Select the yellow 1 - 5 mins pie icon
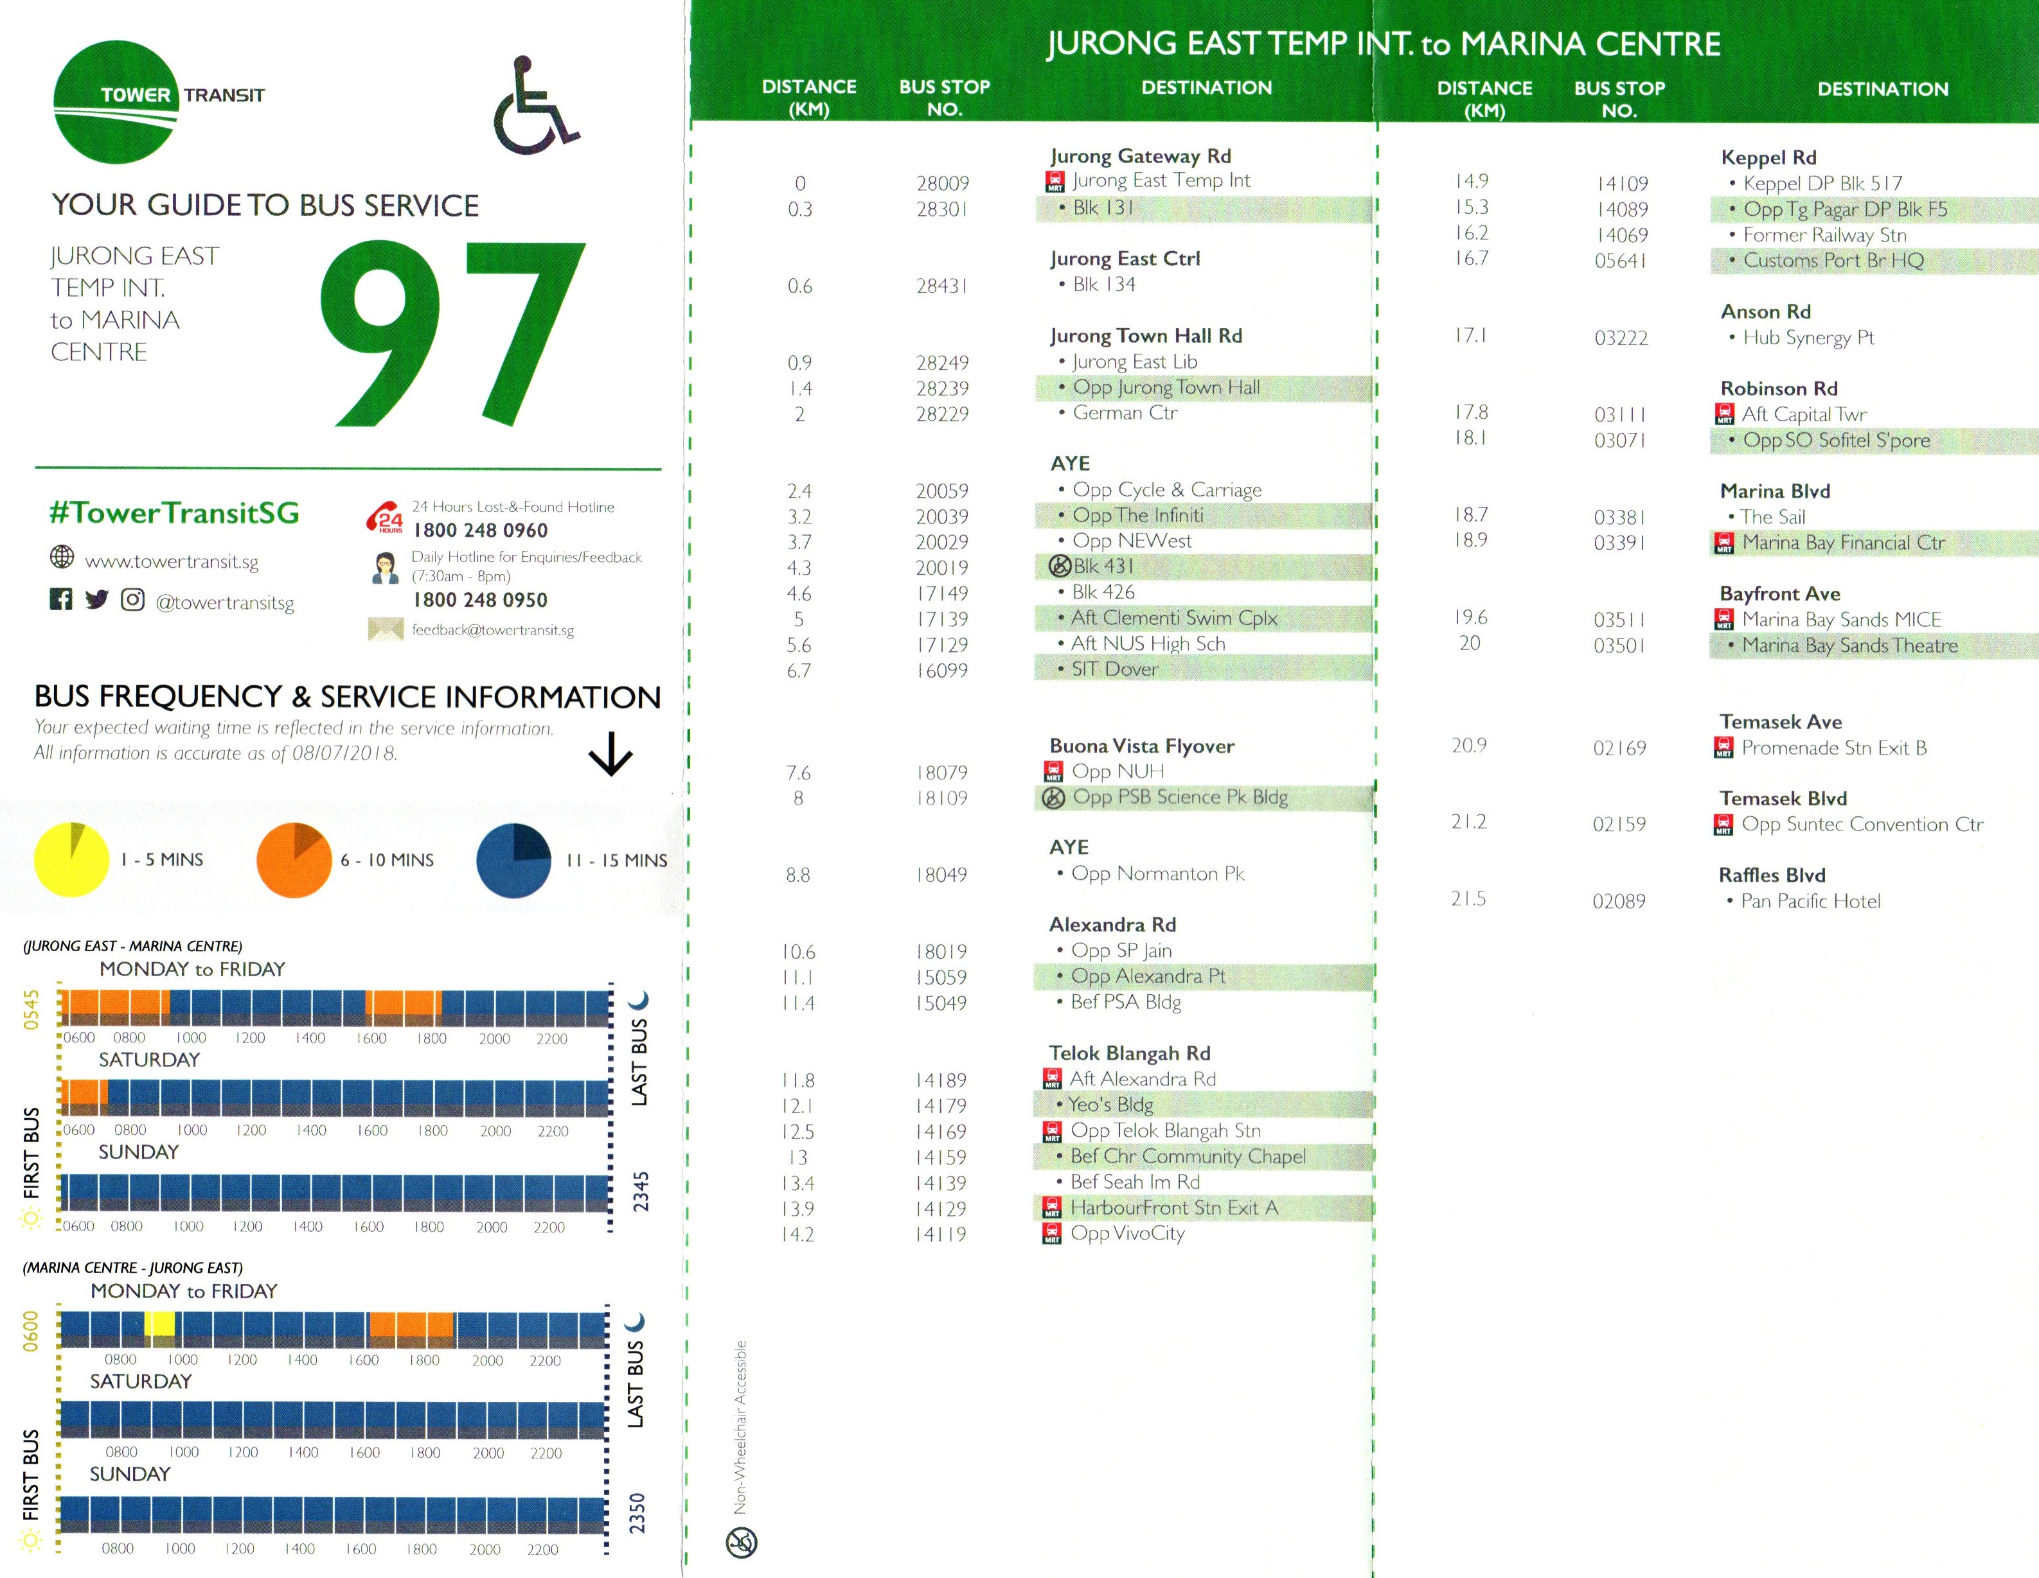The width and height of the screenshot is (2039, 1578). (x=72, y=859)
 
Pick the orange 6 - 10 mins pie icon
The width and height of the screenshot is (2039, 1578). (x=294, y=859)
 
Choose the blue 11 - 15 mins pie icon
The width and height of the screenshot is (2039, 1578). (x=513, y=859)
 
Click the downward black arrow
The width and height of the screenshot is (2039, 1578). (x=610, y=753)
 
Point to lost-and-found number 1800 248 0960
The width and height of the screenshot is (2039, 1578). (x=480, y=530)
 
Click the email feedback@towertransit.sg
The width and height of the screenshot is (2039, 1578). (x=492, y=630)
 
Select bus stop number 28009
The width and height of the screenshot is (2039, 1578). (x=942, y=183)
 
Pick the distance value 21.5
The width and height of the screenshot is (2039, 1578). (x=1468, y=899)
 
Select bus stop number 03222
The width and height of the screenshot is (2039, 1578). (x=1621, y=338)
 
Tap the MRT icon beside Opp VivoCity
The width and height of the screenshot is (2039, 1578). (x=1052, y=1234)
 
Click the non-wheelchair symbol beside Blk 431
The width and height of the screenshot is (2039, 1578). (x=1060, y=566)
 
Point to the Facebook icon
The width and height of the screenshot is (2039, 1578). (x=60, y=599)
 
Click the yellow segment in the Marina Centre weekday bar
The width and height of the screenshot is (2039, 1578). (x=159, y=1324)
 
